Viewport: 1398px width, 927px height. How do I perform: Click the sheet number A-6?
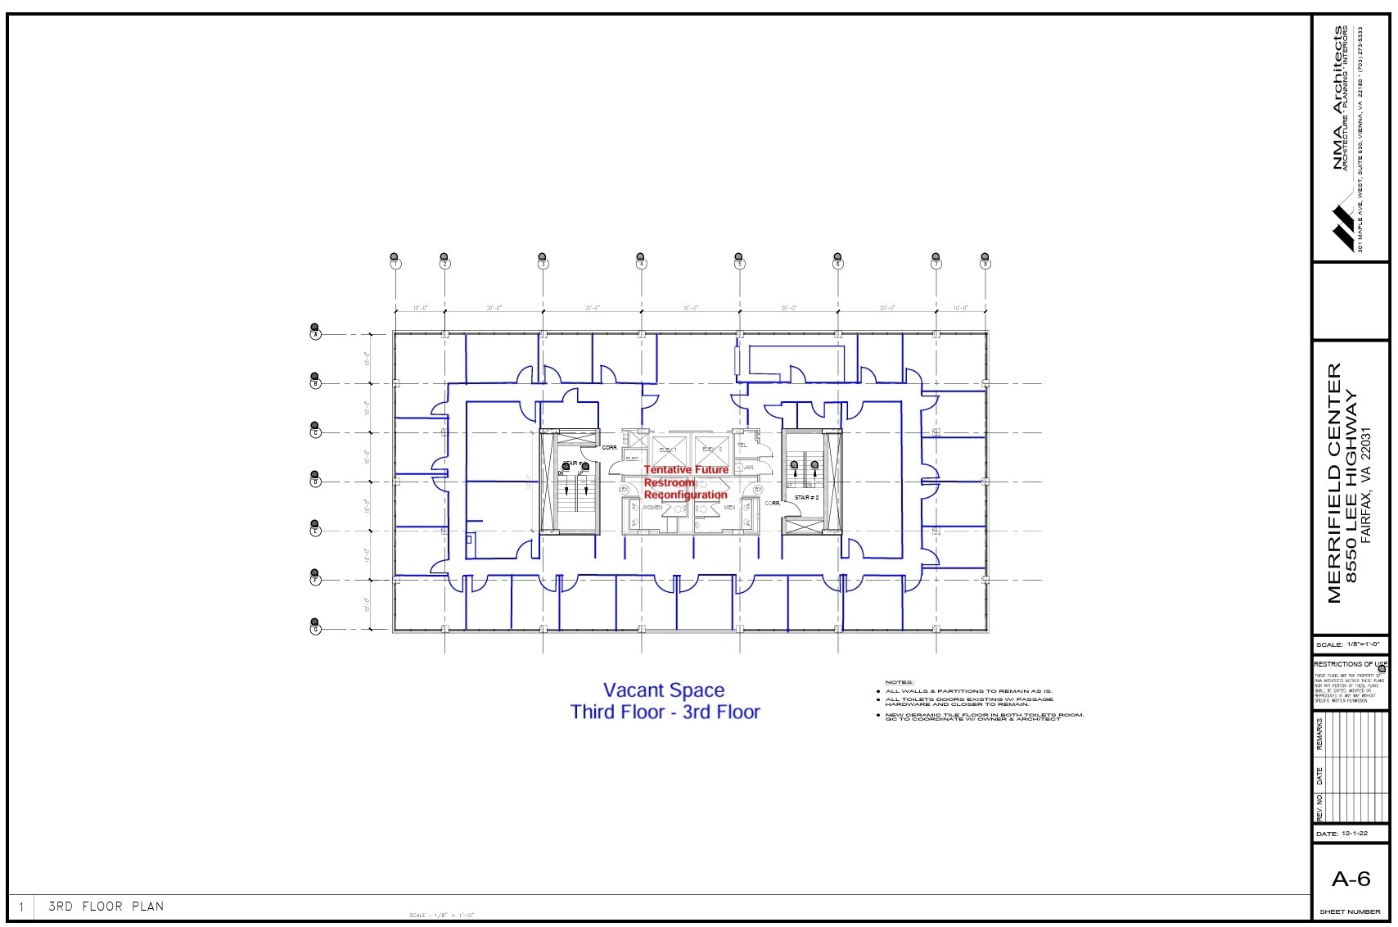[1351, 880]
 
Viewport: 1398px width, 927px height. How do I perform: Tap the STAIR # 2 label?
[806, 497]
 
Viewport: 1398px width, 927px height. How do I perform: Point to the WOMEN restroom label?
[652, 508]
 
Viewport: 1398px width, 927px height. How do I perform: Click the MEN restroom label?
[729, 508]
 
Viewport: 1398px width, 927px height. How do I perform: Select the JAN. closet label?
[748, 467]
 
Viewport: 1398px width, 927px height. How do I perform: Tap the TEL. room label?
[742, 445]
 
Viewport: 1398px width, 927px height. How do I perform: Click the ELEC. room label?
[633, 459]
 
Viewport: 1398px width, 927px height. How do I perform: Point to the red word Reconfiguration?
[685, 495]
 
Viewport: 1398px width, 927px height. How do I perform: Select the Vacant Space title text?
[663, 690]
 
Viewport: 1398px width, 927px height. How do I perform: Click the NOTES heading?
[899, 682]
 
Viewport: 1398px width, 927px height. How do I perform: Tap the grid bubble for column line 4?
[642, 264]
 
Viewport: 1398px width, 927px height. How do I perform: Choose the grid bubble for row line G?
[315, 629]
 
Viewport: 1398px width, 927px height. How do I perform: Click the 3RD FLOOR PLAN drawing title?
[106, 907]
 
